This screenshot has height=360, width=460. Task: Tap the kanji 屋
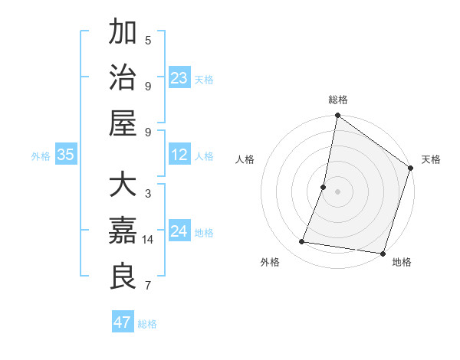pos(123,123)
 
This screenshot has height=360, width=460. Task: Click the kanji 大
pos(123,185)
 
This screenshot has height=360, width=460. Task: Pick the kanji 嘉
pos(123,231)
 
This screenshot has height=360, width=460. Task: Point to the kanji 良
pos(123,276)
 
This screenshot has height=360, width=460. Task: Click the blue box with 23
pos(179,78)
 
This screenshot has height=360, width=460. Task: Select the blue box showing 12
pos(179,155)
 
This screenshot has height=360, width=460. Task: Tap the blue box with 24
pos(179,231)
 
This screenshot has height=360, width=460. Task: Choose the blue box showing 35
pos(66,155)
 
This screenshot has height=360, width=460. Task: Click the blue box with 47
pos(123,322)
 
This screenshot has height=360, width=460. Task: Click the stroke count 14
pos(149,240)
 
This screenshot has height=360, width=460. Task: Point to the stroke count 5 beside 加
pos(148,41)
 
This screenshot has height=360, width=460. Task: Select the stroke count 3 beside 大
pos(148,194)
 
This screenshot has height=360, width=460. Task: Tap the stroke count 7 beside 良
pos(148,286)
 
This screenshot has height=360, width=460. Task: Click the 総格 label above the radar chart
pos(338,100)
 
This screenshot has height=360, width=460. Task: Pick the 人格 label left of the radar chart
pos(245,159)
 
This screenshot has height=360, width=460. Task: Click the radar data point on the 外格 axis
pos(302,242)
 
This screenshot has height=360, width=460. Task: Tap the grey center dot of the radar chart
pos(338,191)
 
